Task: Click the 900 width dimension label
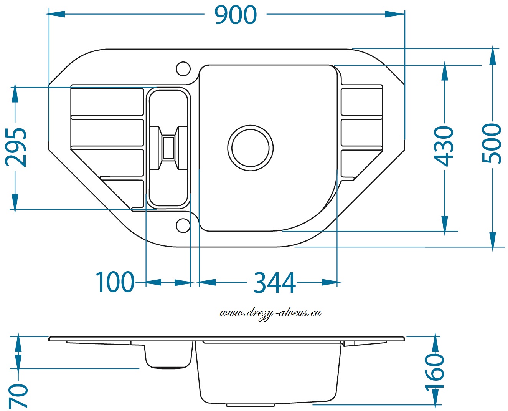(x=236, y=15)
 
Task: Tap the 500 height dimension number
(x=492, y=143)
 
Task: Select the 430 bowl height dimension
(x=444, y=146)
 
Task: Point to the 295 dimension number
(x=16, y=147)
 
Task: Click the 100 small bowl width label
(x=115, y=282)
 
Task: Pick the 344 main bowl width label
(x=274, y=283)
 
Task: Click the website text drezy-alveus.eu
(x=270, y=313)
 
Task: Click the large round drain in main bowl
(x=251, y=148)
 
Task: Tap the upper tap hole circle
(x=183, y=69)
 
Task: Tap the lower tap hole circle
(x=183, y=225)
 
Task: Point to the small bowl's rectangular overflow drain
(x=168, y=148)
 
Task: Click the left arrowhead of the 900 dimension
(x=55, y=14)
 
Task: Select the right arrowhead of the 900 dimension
(x=395, y=14)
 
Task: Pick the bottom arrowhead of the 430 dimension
(x=444, y=225)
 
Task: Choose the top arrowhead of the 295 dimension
(x=15, y=93)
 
